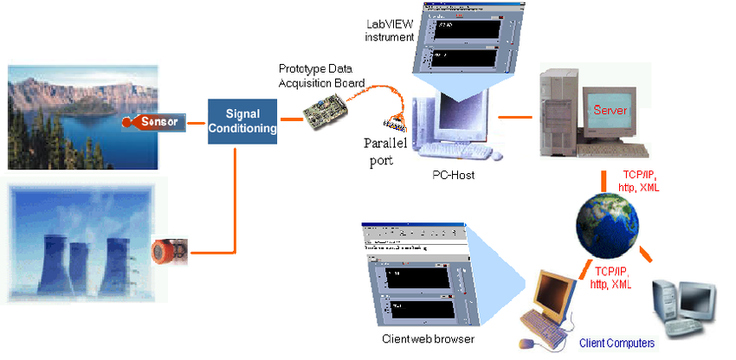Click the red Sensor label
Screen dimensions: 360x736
pyautogui.click(x=160, y=122)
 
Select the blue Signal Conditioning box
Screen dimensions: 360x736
pyautogui.click(x=242, y=120)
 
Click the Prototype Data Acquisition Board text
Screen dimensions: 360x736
pyautogui.click(x=321, y=74)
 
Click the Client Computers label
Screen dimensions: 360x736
pyautogui.click(x=617, y=344)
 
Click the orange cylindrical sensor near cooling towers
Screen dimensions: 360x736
pyautogui.click(x=168, y=252)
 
